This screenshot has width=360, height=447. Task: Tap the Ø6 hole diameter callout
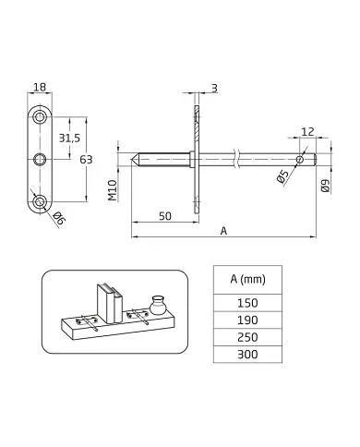(58, 218)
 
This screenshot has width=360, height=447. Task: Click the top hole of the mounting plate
(39, 118)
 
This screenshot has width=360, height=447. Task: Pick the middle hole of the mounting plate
(39, 160)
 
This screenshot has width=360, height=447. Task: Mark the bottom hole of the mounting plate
(39, 200)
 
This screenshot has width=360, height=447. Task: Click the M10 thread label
(111, 190)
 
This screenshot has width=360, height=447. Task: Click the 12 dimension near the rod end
(308, 131)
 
